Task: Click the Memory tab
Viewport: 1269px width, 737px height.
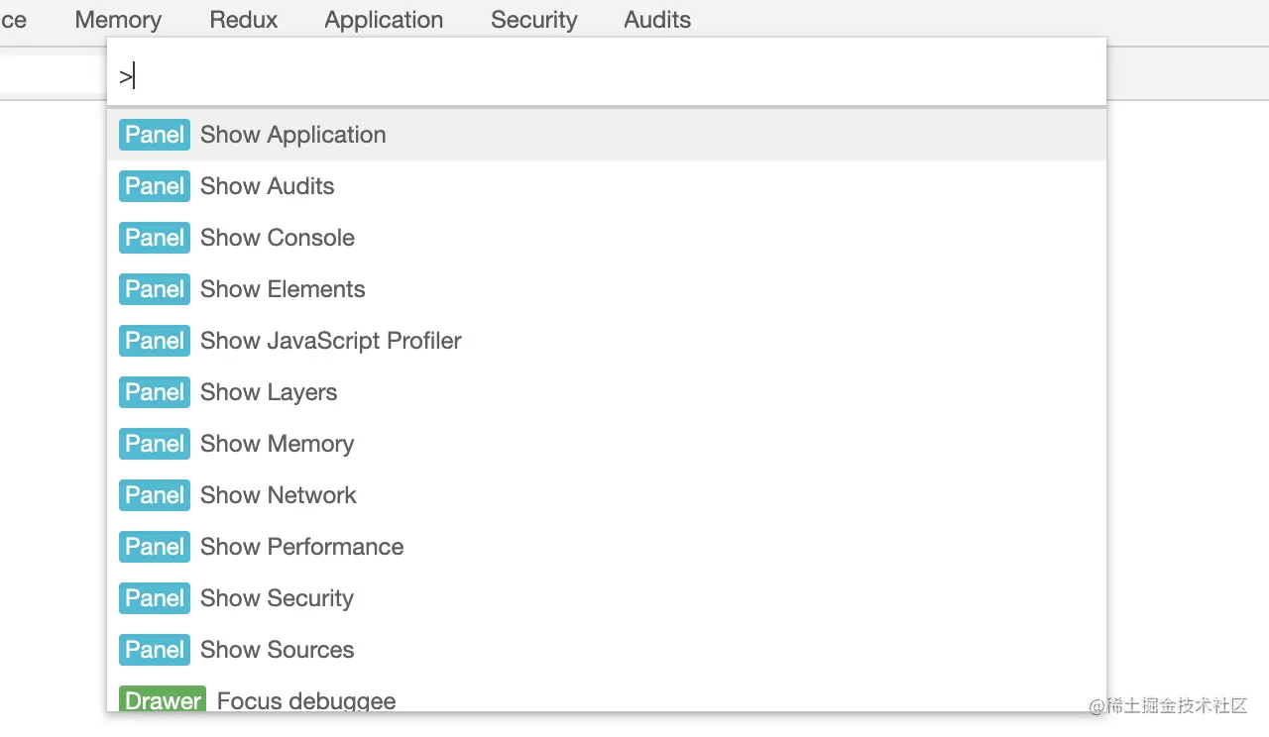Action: pyautogui.click(x=118, y=20)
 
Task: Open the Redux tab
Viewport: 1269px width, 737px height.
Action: pyautogui.click(x=244, y=20)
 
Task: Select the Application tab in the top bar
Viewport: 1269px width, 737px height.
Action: pyautogui.click(x=384, y=20)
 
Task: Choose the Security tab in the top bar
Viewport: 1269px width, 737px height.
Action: pyautogui.click(x=533, y=20)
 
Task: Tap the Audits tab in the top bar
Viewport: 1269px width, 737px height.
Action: pyautogui.click(x=657, y=20)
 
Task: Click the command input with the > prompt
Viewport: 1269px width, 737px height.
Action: pyautogui.click(x=605, y=76)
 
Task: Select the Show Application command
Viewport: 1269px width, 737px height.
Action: pyautogui.click(x=292, y=135)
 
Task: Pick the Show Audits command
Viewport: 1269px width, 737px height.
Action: pyautogui.click(x=267, y=186)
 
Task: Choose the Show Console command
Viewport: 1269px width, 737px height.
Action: pyautogui.click(x=277, y=238)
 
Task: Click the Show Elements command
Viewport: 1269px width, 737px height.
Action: pyautogui.click(x=283, y=289)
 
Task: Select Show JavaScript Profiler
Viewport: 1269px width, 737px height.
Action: pyautogui.click(x=330, y=341)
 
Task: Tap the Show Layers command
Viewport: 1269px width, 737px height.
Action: pyautogui.click(x=269, y=392)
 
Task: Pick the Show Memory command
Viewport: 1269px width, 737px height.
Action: pyautogui.click(x=277, y=444)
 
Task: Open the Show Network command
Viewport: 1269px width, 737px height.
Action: pyautogui.click(x=278, y=495)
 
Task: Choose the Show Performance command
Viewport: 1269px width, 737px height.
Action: pyautogui.click(x=301, y=547)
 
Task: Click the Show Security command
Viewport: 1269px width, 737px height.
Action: pyautogui.click(x=277, y=598)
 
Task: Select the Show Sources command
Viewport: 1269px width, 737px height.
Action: pyautogui.click(x=277, y=650)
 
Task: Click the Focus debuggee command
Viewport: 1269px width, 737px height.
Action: pyautogui.click(x=306, y=700)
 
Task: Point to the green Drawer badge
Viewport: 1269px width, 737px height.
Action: pyautogui.click(x=163, y=699)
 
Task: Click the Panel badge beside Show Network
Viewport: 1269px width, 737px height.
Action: pyautogui.click(x=155, y=495)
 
